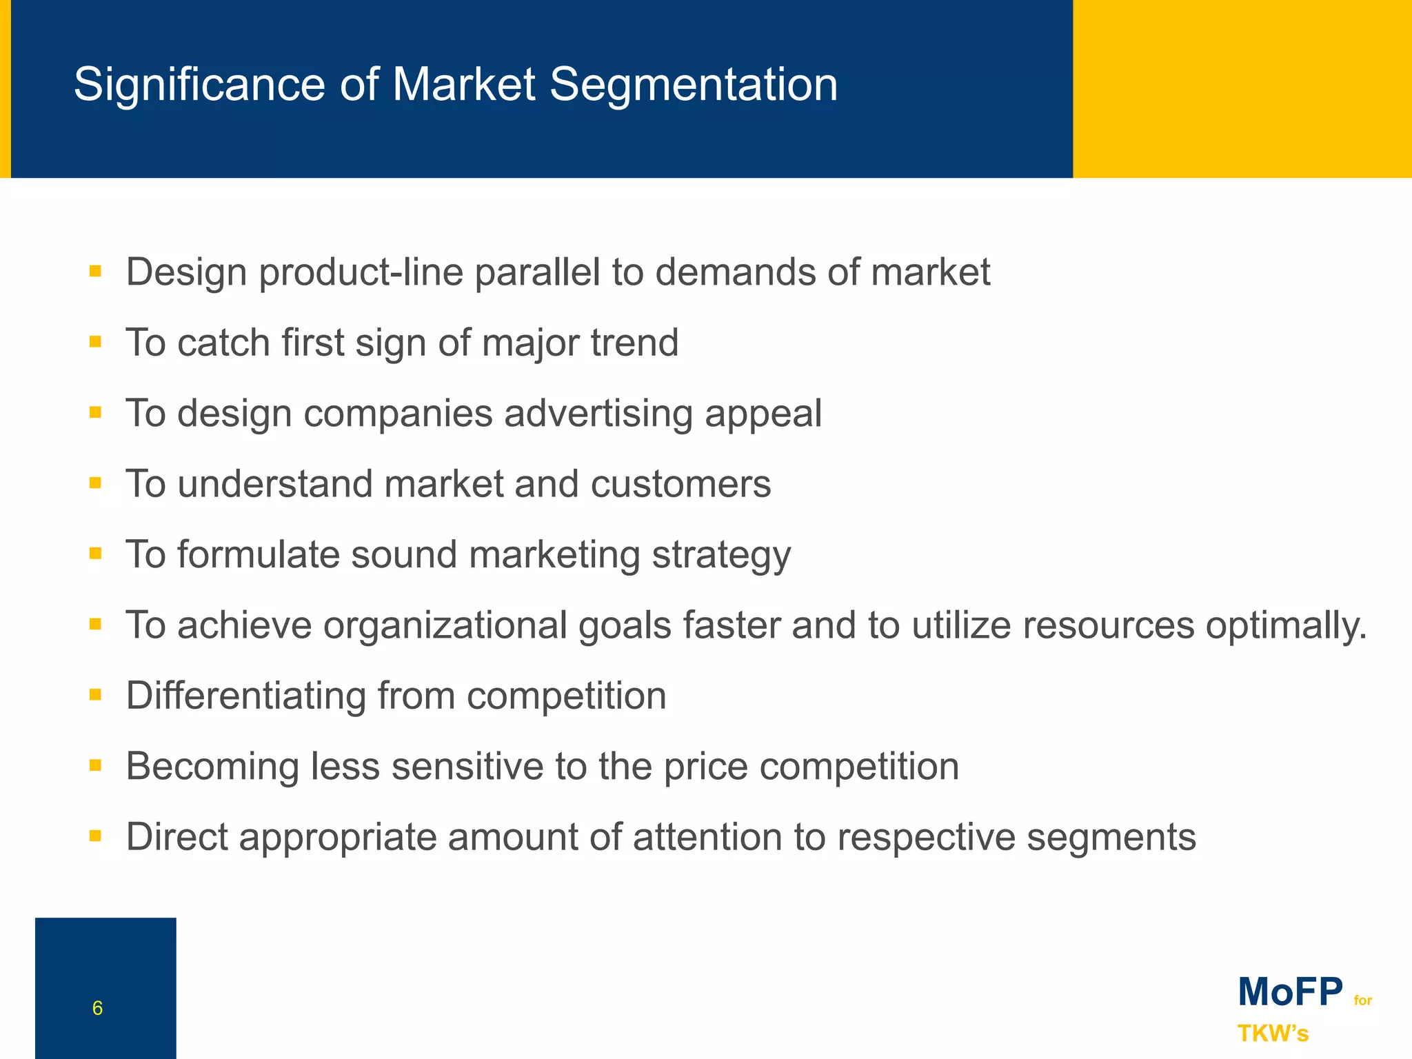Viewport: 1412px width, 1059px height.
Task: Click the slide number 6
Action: (x=97, y=1008)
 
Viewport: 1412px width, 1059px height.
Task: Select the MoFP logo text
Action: (x=1290, y=992)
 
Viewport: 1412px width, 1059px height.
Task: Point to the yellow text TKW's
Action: (x=1273, y=1033)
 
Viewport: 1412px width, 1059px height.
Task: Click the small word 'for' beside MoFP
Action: (x=1363, y=1000)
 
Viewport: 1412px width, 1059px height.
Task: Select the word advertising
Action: (x=598, y=414)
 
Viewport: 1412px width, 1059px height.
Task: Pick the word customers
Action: (x=680, y=484)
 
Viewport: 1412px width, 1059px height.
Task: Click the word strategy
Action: (x=721, y=555)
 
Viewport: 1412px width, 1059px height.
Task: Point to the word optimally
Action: (x=1285, y=626)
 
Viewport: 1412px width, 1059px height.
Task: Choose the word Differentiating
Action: (x=245, y=696)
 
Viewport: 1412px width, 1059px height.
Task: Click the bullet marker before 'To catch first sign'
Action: (x=95, y=341)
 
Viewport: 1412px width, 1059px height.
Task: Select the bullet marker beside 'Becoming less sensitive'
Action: (x=95, y=765)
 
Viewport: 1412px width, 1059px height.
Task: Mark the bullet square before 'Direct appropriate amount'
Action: (x=95, y=836)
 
